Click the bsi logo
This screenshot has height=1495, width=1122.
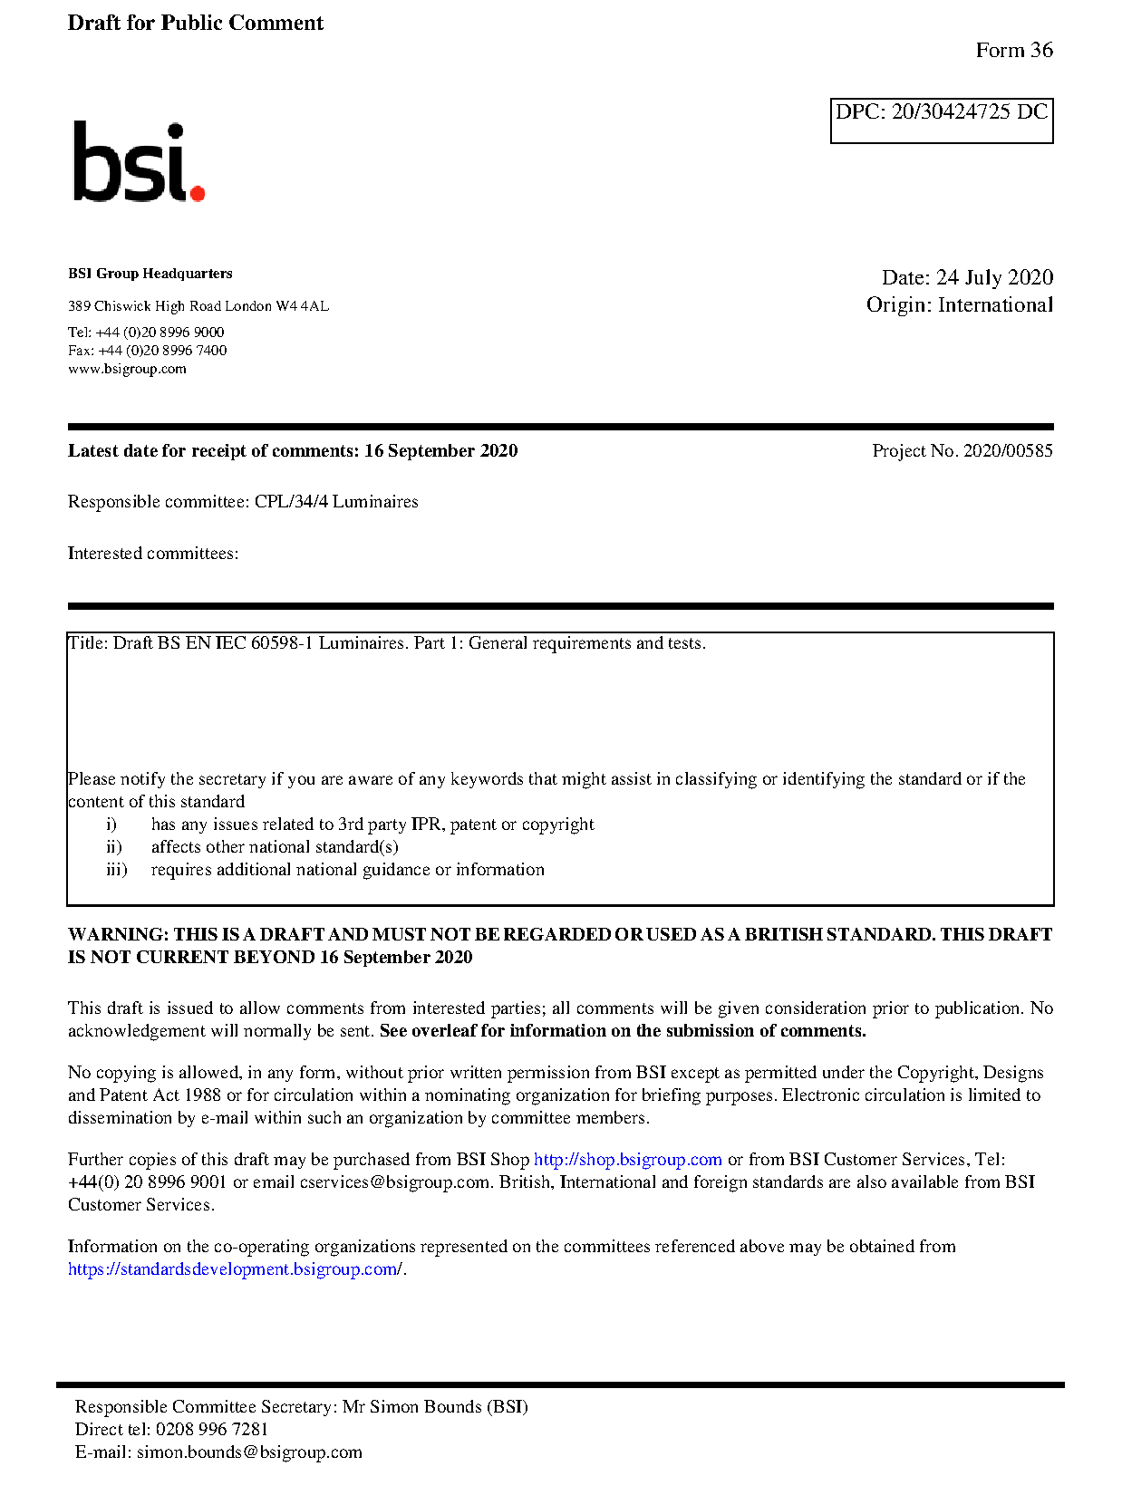138,162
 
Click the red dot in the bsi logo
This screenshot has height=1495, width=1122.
198,192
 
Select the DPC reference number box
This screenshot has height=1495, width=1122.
941,121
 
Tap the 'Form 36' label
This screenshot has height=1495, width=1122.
1013,51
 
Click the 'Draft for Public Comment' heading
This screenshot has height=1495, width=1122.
195,24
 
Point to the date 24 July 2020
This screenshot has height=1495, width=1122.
994,277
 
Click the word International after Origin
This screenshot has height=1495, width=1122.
995,305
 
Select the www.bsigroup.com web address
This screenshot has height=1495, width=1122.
127,369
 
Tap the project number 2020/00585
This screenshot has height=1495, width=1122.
1008,451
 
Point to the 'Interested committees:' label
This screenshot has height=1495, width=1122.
153,554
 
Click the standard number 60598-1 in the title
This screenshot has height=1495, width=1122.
282,643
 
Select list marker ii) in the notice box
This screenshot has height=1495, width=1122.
114,847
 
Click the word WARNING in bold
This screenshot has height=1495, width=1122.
118,935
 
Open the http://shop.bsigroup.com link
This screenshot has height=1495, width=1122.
627,1160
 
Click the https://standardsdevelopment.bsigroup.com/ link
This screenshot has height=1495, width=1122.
235,1269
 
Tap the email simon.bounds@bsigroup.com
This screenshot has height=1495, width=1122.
249,1452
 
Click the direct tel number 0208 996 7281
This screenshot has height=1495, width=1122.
212,1430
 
